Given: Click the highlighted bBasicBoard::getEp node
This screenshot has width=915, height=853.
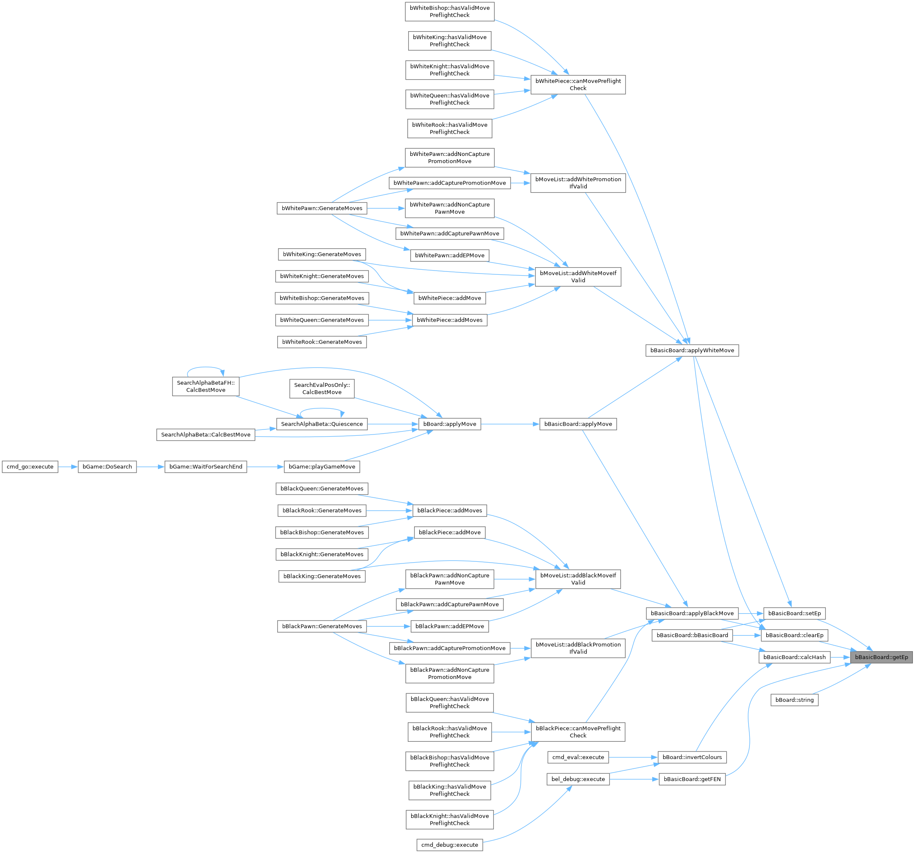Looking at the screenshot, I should click(881, 657).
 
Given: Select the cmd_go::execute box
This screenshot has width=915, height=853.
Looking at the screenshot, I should click(30, 467).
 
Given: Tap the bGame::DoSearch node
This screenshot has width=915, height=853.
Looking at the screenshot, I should click(107, 467).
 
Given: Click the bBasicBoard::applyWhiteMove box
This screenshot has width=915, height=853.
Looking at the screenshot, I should click(692, 350).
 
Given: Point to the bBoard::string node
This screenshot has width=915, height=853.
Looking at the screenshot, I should click(795, 700).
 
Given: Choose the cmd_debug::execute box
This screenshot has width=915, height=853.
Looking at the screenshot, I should click(449, 845).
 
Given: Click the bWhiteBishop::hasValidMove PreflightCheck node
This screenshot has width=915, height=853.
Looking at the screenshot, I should click(449, 11).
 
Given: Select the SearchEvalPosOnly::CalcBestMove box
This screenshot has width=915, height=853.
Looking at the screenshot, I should click(322, 389).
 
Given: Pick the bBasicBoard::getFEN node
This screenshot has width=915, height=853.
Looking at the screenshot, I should click(692, 779).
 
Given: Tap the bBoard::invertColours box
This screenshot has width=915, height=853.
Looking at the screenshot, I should click(692, 757).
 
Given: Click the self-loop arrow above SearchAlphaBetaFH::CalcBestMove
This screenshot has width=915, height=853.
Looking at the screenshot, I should click(205, 368).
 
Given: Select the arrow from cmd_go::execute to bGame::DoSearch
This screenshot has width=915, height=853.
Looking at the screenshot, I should click(68, 467).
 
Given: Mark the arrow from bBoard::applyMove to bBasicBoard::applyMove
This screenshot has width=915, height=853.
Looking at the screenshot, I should click(510, 424).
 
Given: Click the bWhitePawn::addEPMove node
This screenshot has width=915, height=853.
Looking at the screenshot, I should click(449, 255).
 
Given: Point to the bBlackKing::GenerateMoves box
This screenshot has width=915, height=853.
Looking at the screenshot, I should click(322, 577).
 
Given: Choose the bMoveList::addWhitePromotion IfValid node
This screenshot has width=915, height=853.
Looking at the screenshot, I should click(578, 183).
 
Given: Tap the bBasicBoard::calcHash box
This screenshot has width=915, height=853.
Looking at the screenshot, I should click(795, 657).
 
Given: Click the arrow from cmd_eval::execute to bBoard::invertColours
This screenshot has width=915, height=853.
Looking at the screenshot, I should click(633, 757).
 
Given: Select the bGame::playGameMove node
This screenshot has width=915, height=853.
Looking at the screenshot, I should click(322, 467).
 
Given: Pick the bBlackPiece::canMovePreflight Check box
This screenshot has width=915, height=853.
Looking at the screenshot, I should click(578, 732).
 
